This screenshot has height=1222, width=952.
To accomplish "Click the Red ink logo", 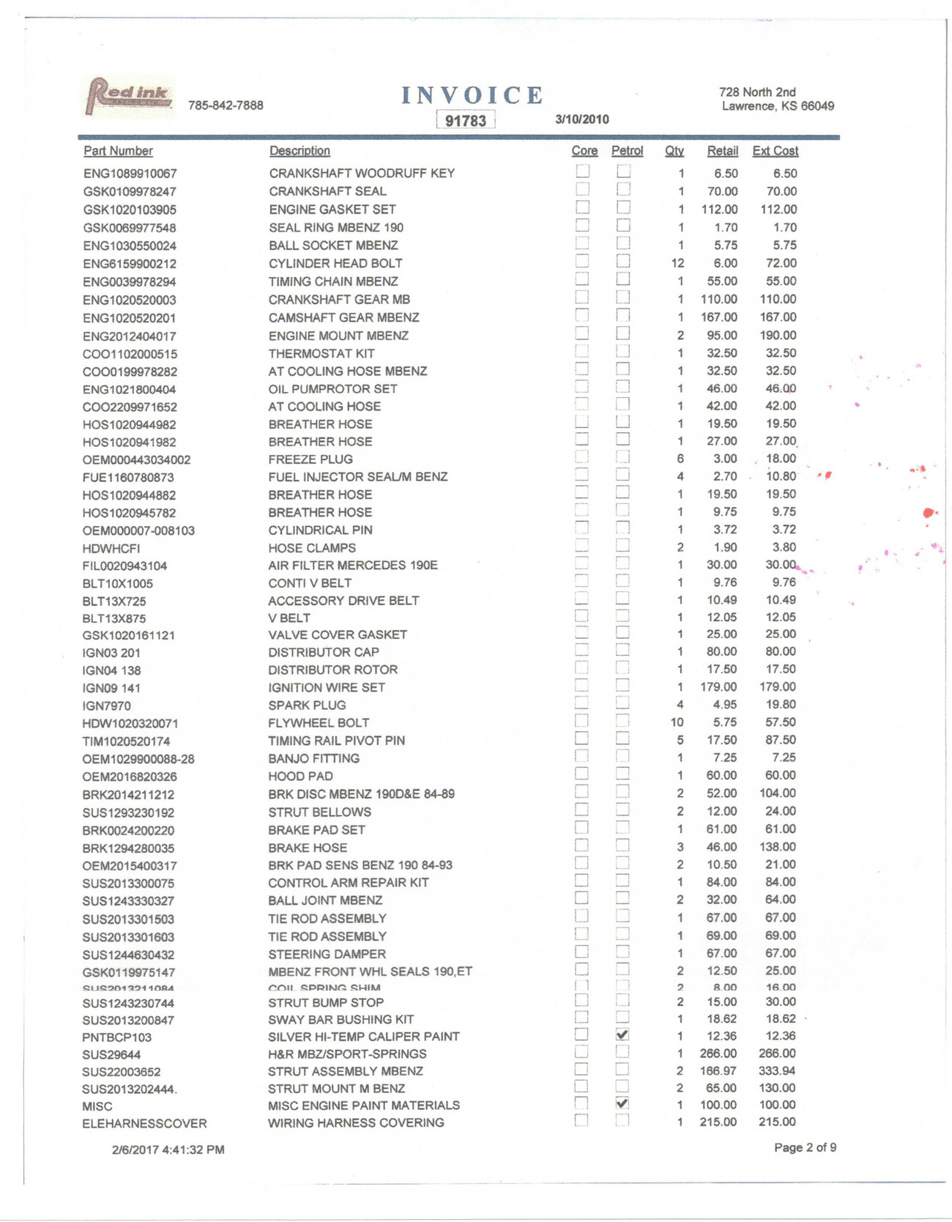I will click(129, 96).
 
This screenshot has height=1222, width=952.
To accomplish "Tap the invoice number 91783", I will click(466, 120).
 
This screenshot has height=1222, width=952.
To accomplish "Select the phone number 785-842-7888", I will click(226, 105).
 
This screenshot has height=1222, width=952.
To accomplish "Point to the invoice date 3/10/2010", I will click(582, 119).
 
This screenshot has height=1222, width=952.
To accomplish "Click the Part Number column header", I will click(118, 151).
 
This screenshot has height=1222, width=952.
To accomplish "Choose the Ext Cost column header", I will click(775, 151).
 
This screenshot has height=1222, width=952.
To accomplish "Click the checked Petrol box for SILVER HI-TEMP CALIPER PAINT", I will click(622, 1034).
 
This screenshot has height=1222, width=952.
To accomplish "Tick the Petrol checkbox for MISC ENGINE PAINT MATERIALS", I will click(622, 1103).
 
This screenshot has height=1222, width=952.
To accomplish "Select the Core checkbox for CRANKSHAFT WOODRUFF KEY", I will click(583, 171).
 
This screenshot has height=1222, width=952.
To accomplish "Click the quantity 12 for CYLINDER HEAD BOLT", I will click(677, 263).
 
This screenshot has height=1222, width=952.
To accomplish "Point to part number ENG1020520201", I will click(129, 318).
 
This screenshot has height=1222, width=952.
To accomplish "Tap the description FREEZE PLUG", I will click(310, 459).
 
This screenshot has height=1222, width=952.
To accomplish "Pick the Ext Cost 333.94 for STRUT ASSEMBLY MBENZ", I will click(777, 1071).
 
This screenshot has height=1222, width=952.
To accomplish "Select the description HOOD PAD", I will click(300, 776).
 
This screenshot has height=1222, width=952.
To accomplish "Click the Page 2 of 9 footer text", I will click(805, 1147).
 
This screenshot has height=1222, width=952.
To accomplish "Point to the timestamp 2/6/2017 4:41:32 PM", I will click(168, 1149).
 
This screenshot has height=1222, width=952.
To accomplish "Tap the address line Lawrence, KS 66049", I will click(778, 106).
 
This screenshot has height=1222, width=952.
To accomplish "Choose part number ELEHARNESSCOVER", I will click(144, 1124).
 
